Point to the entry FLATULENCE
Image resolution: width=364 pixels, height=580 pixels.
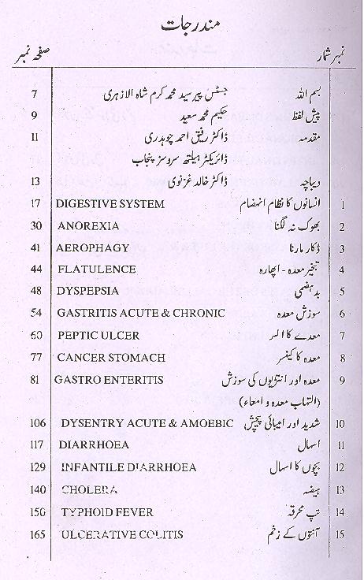click(96, 270)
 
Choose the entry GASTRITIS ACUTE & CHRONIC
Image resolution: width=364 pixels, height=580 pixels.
click(131, 313)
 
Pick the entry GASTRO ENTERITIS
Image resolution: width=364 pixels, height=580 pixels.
click(109, 379)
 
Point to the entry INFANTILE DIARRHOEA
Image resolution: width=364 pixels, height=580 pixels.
click(116, 467)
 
